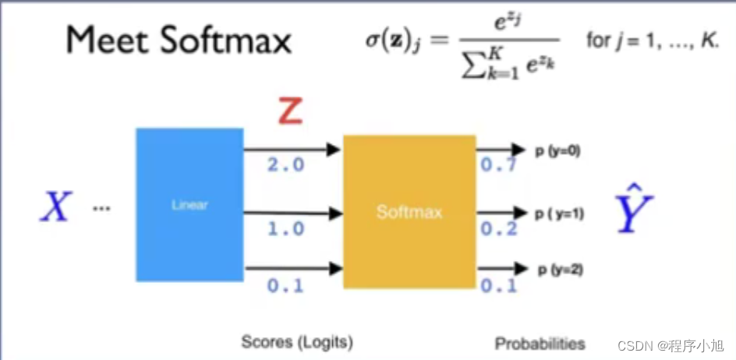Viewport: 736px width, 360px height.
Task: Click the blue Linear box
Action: tap(189, 205)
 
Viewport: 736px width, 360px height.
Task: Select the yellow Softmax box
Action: tap(409, 211)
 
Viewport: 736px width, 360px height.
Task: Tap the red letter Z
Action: tap(289, 112)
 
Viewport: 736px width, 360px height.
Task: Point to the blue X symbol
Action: tap(57, 207)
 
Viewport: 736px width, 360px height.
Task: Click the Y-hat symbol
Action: tap(634, 210)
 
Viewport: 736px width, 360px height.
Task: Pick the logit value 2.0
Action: tap(285, 165)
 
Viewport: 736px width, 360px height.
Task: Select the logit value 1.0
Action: tap(285, 230)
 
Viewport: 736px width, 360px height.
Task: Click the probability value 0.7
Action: tap(498, 165)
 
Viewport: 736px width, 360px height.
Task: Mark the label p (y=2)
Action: tap(560, 270)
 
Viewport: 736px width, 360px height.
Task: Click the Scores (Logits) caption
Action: tap(297, 342)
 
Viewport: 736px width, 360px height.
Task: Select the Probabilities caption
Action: tap(540, 343)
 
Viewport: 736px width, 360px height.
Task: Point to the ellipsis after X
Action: tap(101, 209)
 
